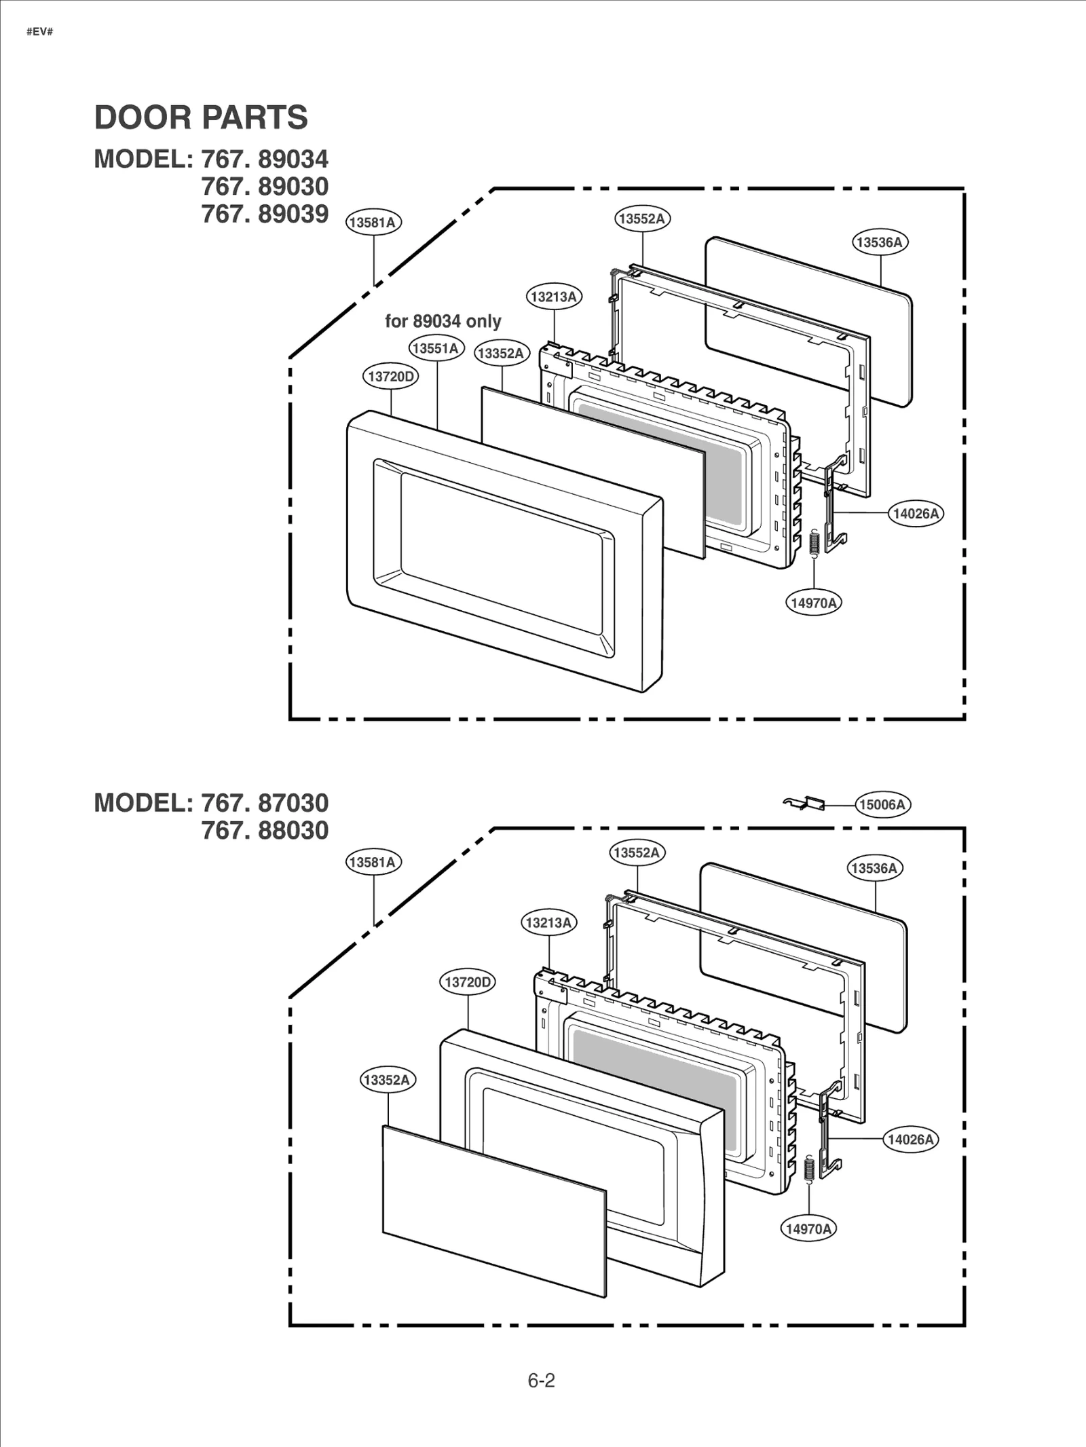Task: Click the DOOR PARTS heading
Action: pyautogui.click(x=201, y=117)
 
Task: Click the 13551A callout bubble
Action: pyautogui.click(x=436, y=348)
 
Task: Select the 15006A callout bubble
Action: pyautogui.click(x=882, y=804)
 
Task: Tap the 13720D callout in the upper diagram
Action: pyautogui.click(x=390, y=376)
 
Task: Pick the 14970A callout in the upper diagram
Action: pyautogui.click(x=813, y=603)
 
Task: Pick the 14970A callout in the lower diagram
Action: pyautogui.click(x=808, y=1228)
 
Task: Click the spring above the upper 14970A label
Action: pyautogui.click(x=815, y=543)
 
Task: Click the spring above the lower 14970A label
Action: pyautogui.click(x=808, y=1169)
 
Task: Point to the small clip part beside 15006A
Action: pyautogui.click(x=806, y=803)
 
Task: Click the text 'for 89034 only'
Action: pyautogui.click(x=443, y=321)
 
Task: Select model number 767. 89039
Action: pyautogui.click(x=265, y=214)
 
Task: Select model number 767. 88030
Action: pyautogui.click(x=265, y=830)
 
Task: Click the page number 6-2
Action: pyautogui.click(x=541, y=1380)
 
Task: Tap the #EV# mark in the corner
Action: pyautogui.click(x=39, y=32)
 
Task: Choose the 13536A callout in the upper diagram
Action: pyautogui.click(x=880, y=242)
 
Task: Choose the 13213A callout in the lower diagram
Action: pyautogui.click(x=548, y=922)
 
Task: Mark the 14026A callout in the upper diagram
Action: pyautogui.click(x=916, y=514)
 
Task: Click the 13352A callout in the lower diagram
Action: pyautogui.click(x=388, y=1080)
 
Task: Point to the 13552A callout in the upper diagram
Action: pyautogui.click(x=642, y=219)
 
